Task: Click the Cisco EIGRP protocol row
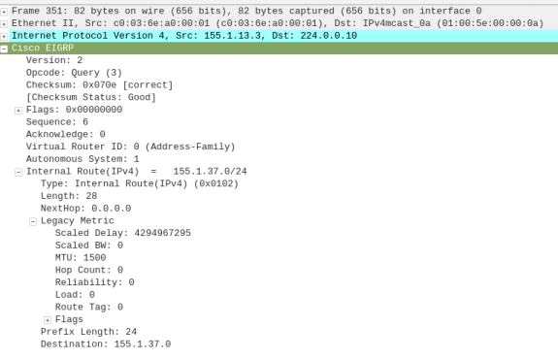[x=43, y=48]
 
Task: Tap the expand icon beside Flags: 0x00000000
[x=18, y=111]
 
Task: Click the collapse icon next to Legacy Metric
[x=33, y=221]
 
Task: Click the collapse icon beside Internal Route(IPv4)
[x=18, y=172]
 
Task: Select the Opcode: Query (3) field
[x=74, y=73]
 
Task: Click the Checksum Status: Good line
[x=91, y=98]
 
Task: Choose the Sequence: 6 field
[x=57, y=122]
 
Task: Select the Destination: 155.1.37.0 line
[x=106, y=344]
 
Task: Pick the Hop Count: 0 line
[x=91, y=270]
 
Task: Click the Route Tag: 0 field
[x=89, y=307]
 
